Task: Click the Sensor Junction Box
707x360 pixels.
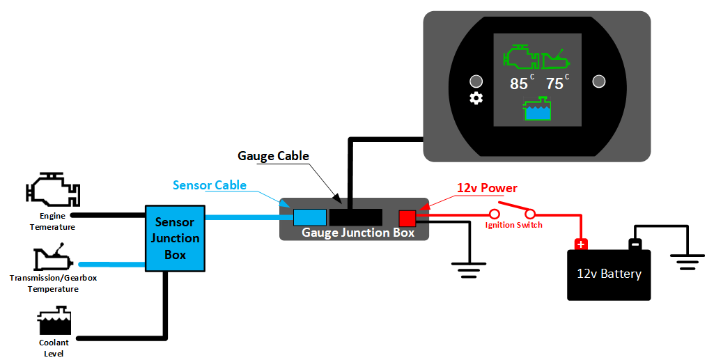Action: coord(175,238)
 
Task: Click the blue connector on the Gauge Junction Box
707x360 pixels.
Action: coord(310,217)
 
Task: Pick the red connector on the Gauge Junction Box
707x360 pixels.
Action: coord(407,218)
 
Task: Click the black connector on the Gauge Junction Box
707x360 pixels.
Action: coord(355,217)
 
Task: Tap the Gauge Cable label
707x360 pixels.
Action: coord(273,155)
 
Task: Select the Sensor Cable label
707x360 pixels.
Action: coord(210,185)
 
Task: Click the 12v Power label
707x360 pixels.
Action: coord(487,188)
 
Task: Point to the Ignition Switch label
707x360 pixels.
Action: coord(514,225)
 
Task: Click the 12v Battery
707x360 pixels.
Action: coord(609,274)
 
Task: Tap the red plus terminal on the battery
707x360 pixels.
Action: coord(580,244)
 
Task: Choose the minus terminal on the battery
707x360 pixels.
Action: coord(635,244)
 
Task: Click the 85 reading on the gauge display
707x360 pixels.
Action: coord(519,84)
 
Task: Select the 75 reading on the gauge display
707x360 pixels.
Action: coord(554,84)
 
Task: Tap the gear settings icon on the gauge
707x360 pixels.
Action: coord(476,98)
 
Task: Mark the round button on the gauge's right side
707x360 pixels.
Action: coord(598,81)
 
